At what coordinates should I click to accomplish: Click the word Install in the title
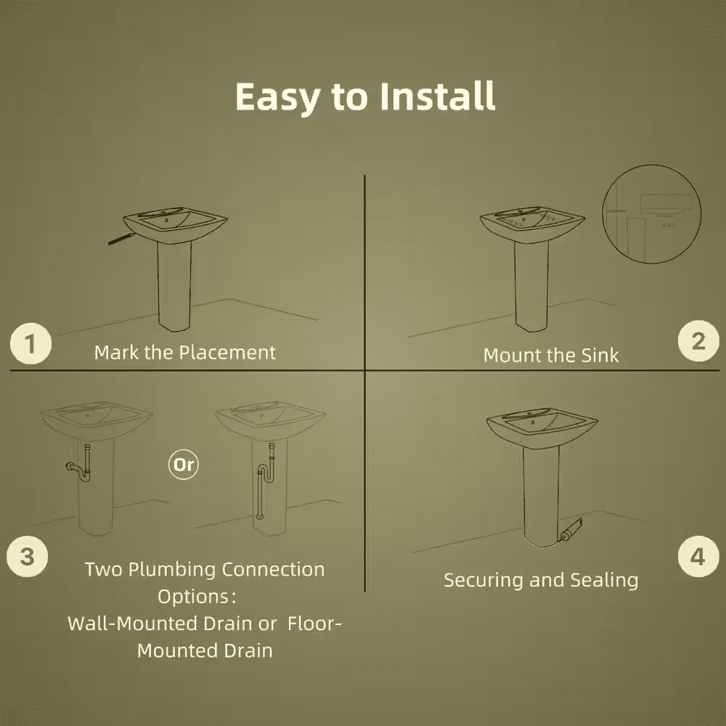pyautogui.click(x=437, y=96)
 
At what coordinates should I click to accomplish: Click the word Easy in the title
pyautogui.click(x=277, y=98)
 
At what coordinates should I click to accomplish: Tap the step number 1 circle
pyautogui.click(x=30, y=344)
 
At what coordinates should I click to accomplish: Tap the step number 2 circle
pyautogui.click(x=698, y=340)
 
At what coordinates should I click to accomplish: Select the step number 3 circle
pyautogui.click(x=28, y=556)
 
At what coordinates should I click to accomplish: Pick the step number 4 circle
pyautogui.click(x=698, y=556)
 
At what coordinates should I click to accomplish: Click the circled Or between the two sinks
pyautogui.click(x=184, y=464)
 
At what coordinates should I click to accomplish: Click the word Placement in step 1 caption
pyautogui.click(x=227, y=352)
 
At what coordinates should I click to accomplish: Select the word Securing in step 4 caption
pyautogui.click(x=484, y=580)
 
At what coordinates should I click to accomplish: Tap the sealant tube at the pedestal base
pyautogui.click(x=571, y=531)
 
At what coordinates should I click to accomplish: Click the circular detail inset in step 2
pyautogui.click(x=652, y=214)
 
